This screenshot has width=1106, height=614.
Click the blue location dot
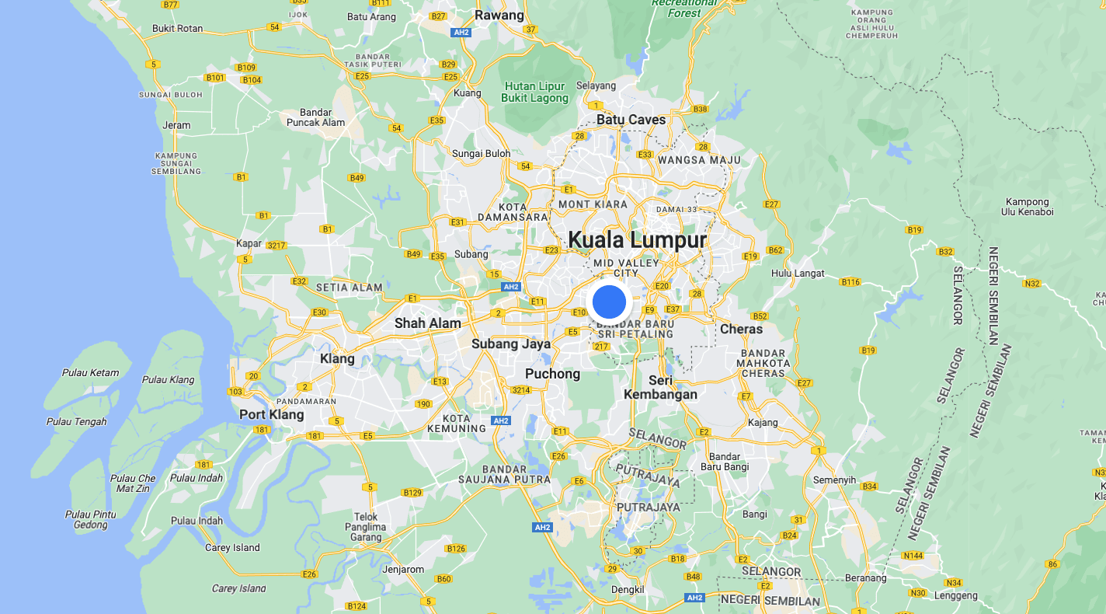pyautogui.click(x=609, y=302)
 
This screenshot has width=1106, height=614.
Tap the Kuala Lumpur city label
pyautogui.click(x=638, y=240)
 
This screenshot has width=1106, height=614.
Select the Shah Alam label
pyautogui.click(x=427, y=323)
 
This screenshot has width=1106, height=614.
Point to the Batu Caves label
pyautogui.click(x=631, y=120)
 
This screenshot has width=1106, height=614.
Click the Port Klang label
pyautogui.click(x=272, y=414)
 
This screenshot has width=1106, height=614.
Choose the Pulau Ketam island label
pyautogui.click(x=91, y=373)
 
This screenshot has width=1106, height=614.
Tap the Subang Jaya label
pyautogui.click(x=510, y=344)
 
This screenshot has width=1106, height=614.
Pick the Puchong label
pyautogui.click(x=552, y=374)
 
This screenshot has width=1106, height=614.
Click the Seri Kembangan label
pyautogui.click(x=660, y=387)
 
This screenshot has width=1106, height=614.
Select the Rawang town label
pyautogui.click(x=499, y=16)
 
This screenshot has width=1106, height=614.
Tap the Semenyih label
pyautogui.click(x=833, y=480)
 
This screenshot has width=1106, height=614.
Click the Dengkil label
pyautogui.click(x=628, y=590)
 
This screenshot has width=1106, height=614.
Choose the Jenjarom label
pyautogui.click(x=404, y=570)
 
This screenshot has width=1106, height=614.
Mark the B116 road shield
pyautogui.click(x=850, y=282)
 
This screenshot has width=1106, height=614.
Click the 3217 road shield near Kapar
pyautogui.click(x=276, y=246)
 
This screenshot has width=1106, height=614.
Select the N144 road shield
pyautogui.click(x=913, y=556)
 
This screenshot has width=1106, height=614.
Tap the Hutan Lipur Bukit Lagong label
pyautogui.click(x=535, y=92)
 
